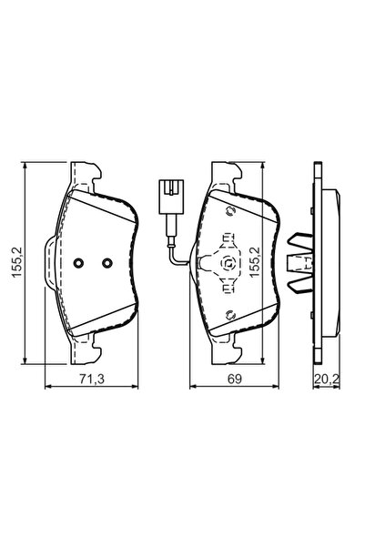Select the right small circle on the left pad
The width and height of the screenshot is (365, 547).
pos(106,264)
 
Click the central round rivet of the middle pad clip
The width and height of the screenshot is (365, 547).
pos(228,265)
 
